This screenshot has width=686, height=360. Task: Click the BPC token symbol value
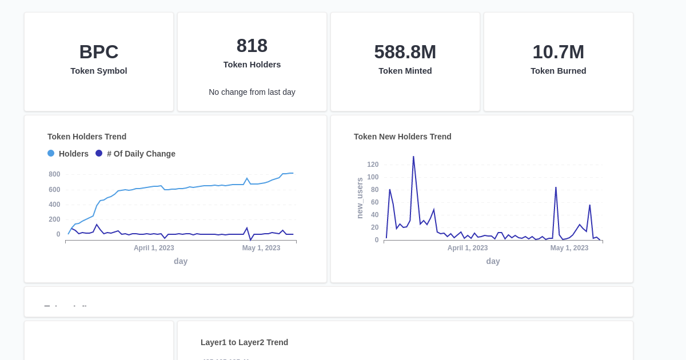pos(99,52)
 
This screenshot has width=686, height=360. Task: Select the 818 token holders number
pos(252,46)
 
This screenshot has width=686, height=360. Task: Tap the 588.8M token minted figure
pos(405,52)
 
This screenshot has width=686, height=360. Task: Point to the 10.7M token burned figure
pos(558,52)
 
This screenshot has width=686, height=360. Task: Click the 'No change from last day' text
pos(252,92)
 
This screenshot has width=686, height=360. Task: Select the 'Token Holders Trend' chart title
pos(87,137)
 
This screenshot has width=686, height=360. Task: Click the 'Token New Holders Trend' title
pos(402,137)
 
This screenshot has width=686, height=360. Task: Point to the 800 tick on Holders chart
pos(54,174)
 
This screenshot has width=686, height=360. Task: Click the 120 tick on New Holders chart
pos(373,165)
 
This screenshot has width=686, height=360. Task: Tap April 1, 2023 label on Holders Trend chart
pos(154,248)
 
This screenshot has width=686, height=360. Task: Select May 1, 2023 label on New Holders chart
pos(569,248)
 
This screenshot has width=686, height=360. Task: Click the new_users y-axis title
pos(360,198)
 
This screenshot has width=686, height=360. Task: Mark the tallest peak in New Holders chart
pos(413,157)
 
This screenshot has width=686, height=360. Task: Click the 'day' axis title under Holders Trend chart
pos(181,261)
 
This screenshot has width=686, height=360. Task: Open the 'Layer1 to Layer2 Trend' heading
pos(244,342)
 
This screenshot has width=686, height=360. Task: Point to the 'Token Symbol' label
pos(99,71)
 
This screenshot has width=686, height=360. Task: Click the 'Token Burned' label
pos(558,71)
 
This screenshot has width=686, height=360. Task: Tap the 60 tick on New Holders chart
pos(374,202)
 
